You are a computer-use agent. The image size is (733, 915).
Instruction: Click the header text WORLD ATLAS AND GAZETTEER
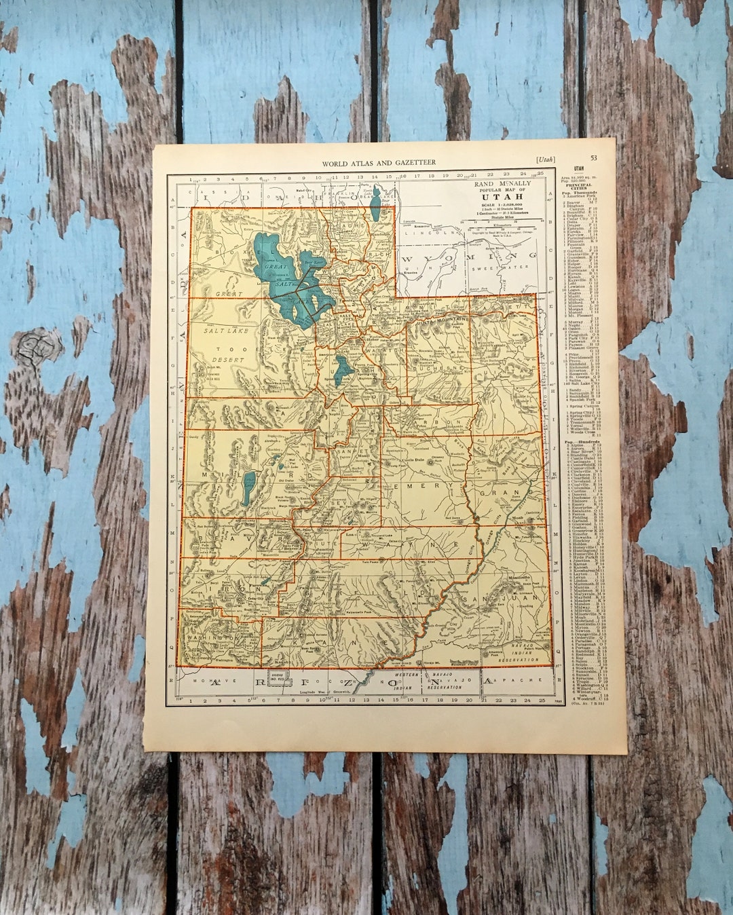[379, 163]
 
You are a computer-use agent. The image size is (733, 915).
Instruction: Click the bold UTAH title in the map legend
[502, 197]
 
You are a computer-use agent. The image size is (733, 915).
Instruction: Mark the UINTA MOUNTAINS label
[449, 318]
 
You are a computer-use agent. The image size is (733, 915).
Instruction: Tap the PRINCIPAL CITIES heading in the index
[578, 185]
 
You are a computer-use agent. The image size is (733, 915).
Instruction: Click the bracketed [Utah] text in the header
[544, 160]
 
